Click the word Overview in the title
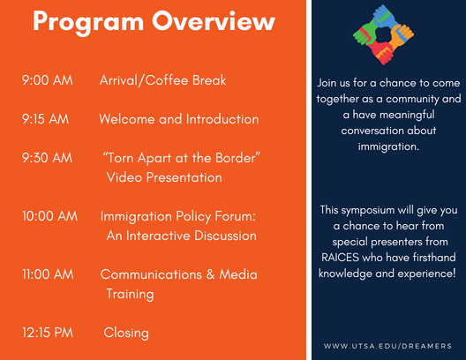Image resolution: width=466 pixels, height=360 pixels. (x=214, y=21)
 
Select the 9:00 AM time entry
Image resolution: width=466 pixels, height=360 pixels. (x=48, y=80)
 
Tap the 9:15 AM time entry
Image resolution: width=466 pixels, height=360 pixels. (x=45, y=119)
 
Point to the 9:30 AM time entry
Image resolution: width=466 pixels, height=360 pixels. (x=47, y=158)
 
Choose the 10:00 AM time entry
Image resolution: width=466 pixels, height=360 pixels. (x=49, y=216)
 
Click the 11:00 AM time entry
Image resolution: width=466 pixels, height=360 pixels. (x=48, y=274)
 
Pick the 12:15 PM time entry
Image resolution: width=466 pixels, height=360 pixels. (x=48, y=333)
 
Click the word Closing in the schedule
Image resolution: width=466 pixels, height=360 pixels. (x=126, y=334)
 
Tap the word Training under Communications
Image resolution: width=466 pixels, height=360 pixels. (x=130, y=295)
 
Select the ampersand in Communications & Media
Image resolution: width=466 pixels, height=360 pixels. (x=210, y=274)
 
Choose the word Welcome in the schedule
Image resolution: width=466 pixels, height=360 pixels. (x=127, y=119)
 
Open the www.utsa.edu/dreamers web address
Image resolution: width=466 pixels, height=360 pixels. (x=387, y=346)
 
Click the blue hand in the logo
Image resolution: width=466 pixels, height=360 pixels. (x=385, y=17)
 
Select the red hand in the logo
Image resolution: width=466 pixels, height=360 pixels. (x=382, y=52)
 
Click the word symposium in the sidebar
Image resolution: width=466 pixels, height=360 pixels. (x=368, y=211)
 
